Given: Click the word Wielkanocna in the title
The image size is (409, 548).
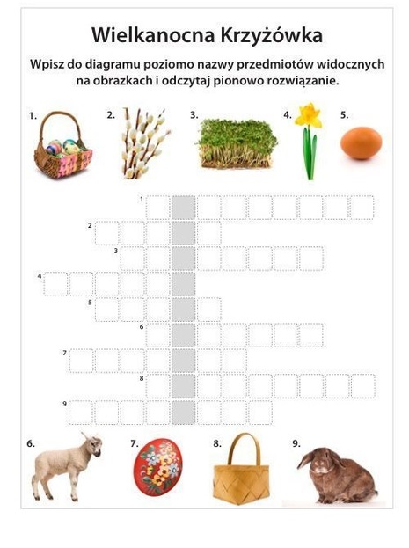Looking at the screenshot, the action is pyautogui.click(x=153, y=34).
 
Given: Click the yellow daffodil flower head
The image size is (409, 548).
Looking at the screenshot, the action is pyautogui.click(x=309, y=115).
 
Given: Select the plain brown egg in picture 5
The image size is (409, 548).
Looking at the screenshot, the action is pyautogui.click(x=362, y=143).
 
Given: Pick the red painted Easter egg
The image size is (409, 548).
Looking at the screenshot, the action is pyautogui.click(x=157, y=467).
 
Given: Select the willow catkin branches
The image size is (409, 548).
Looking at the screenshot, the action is pyautogui.click(x=145, y=143).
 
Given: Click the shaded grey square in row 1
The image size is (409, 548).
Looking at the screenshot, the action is pyautogui.click(x=184, y=208).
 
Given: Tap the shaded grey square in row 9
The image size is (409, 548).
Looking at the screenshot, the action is pyautogui.click(x=184, y=413).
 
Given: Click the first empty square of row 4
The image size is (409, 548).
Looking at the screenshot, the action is pyautogui.click(x=55, y=284).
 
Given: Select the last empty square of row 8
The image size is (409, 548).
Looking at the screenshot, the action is pyautogui.click(x=363, y=386).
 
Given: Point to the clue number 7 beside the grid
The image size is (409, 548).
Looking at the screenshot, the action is pyautogui.click(x=65, y=353).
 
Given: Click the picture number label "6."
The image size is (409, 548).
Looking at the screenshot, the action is pyautogui.click(x=31, y=443).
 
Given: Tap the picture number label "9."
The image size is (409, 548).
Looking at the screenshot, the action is pyautogui.click(x=296, y=443).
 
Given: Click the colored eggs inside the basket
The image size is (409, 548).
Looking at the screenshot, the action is pyautogui.click(x=63, y=148).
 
